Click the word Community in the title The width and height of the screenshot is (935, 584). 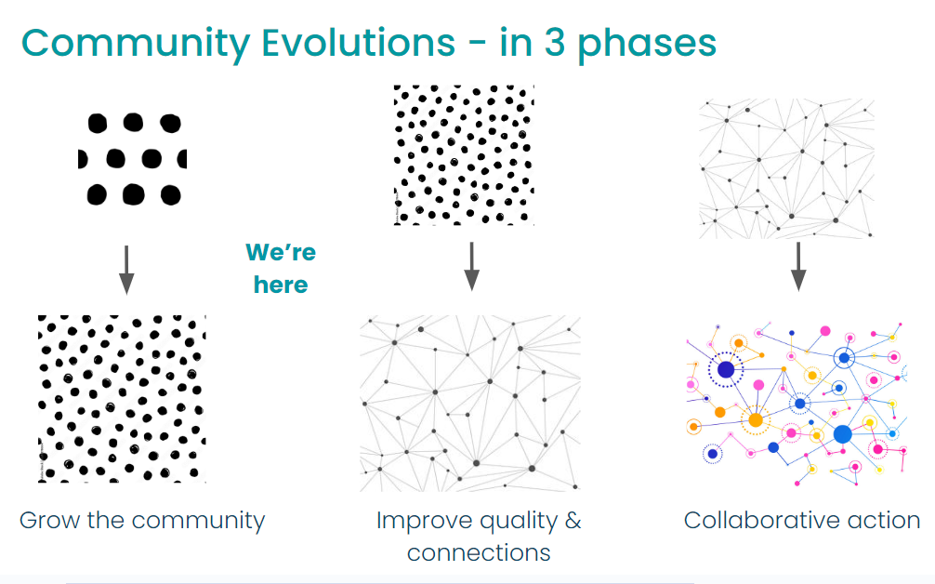coord(136,44)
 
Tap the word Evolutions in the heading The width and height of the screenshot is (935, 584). coord(359,43)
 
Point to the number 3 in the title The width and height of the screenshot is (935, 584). coord(555,43)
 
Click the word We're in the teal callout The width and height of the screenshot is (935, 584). coord(281,252)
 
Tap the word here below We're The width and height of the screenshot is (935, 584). coord(281,285)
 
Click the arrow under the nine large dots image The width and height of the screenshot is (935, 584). coord(126,270)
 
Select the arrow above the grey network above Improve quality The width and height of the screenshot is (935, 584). coord(471,266)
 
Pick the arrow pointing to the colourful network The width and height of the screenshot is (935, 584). coord(798,267)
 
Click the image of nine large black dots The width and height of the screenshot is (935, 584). coord(132,159)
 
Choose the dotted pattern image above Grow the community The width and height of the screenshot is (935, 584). coord(123,399)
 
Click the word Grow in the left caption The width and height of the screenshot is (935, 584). coord(50,520)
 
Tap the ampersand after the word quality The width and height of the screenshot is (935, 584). coord(573,520)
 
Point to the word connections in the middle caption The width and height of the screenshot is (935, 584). coord(479,553)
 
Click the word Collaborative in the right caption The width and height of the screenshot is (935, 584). coord(761,520)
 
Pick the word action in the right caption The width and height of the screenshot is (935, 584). coord(884,520)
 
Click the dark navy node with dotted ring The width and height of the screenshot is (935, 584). coord(726,370)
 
